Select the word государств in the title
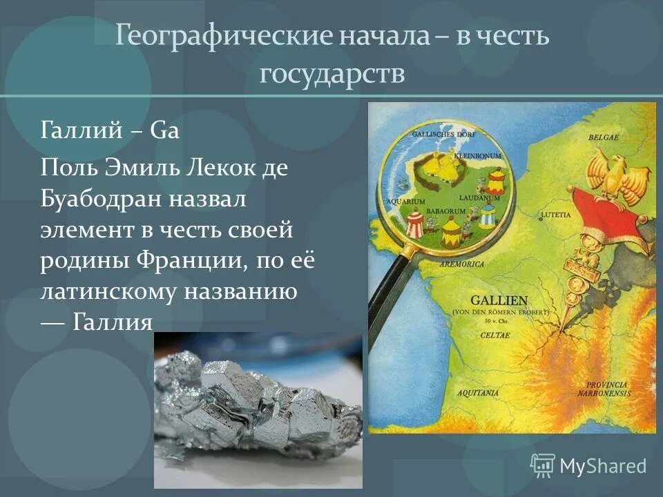[331, 72]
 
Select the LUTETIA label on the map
[556, 215]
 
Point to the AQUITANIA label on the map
[476, 393]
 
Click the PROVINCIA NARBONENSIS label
[607, 389]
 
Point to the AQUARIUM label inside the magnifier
[405, 202]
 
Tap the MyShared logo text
[602, 467]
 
